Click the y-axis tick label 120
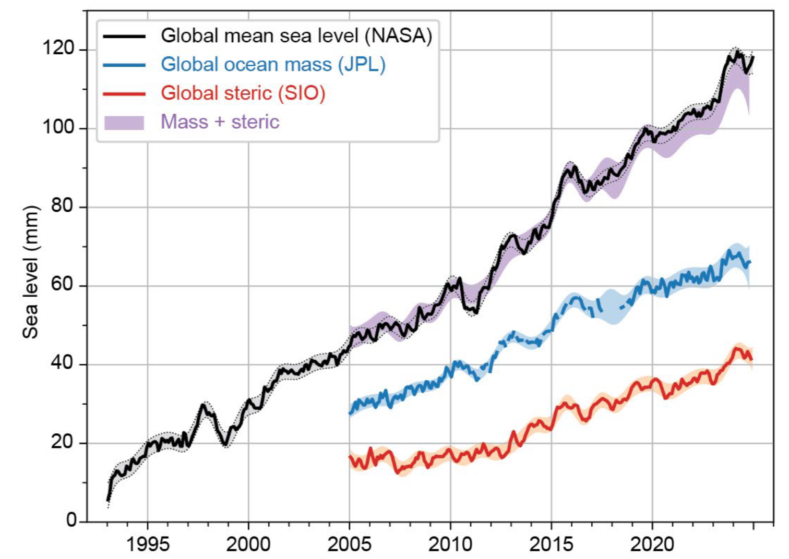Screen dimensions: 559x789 click(58, 48)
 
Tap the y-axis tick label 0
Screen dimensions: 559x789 click(71, 520)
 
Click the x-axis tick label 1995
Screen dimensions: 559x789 click(148, 544)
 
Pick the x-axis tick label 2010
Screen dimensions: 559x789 click(450, 544)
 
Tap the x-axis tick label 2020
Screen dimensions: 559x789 click(652, 544)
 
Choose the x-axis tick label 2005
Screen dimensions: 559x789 click(349, 544)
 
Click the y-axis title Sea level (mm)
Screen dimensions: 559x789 click(31, 272)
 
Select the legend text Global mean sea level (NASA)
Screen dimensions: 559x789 click(296, 35)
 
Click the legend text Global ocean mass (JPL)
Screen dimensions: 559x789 click(273, 64)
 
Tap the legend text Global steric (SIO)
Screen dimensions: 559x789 click(243, 93)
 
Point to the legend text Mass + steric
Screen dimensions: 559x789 click(220, 121)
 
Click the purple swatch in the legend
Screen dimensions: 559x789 click(124, 122)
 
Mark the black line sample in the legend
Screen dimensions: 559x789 click(124, 36)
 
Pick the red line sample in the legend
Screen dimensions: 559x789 click(124, 93)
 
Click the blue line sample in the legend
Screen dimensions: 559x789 click(124, 65)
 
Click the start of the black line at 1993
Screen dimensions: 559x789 click(107, 500)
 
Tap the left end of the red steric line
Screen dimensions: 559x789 click(350, 457)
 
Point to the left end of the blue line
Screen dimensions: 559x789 click(350, 413)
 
